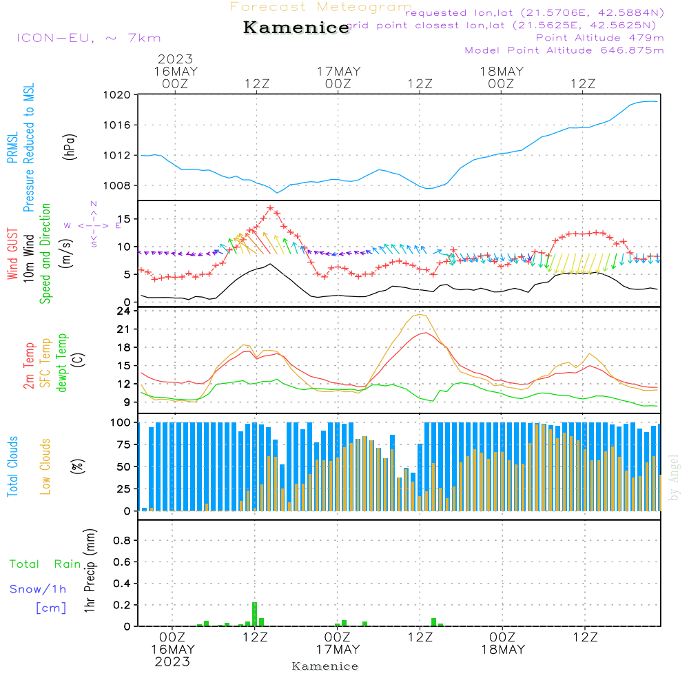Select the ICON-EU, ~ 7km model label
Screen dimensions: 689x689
pos(88,38)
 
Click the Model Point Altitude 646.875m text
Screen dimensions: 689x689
pos(564,50)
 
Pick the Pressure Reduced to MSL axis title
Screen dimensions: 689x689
pos(29,147)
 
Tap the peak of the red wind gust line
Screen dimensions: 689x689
pos(270,207)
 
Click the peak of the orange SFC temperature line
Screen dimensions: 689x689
pos(419,315)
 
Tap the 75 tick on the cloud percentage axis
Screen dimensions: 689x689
pos(123,445)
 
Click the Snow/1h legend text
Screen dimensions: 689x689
pos(38,589)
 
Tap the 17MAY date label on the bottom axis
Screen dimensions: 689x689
pos(338,649)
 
